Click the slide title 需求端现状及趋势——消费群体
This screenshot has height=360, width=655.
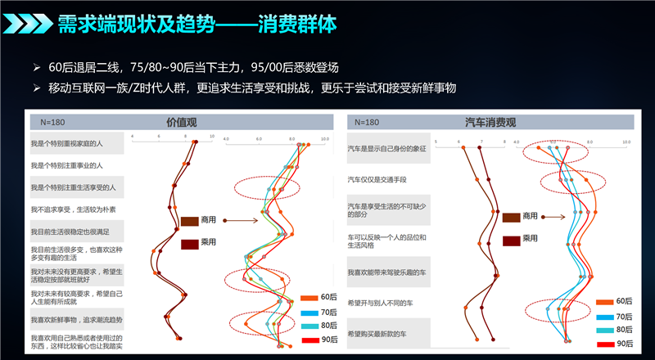[196, 25]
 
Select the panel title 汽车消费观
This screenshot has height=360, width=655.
[490, 123]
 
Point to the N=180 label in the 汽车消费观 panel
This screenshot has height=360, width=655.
[364, 123]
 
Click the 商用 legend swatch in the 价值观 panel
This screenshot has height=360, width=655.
[190, 221]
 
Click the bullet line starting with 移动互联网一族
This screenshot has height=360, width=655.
[254, 88]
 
